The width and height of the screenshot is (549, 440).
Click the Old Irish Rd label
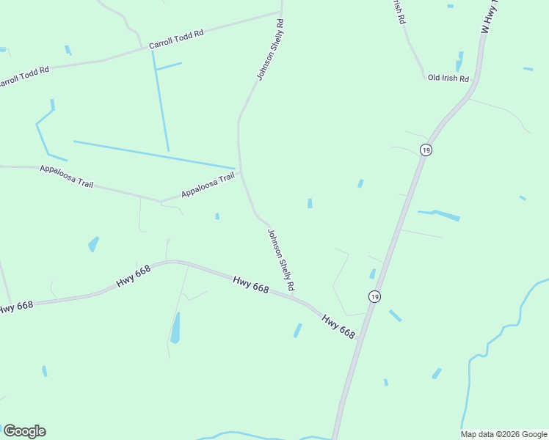[448, 78]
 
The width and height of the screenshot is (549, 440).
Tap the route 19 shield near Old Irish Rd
[426, 150]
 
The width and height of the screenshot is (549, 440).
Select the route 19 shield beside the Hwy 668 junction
[374, 296]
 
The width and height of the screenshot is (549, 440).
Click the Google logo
[24, 431]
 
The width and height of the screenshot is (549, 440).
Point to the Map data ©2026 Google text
[503, 434]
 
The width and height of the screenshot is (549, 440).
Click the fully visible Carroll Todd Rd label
[175, 40]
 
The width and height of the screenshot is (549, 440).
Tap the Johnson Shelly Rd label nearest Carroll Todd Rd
[269, 50]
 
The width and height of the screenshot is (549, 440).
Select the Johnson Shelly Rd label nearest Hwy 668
[280, 259]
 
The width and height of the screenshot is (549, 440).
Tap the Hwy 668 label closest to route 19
[338, 326]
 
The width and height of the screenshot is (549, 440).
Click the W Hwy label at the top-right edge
[489, 17]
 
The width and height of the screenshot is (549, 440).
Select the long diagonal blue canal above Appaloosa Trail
[154, 154]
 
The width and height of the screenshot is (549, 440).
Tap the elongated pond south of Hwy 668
[175, 327]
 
